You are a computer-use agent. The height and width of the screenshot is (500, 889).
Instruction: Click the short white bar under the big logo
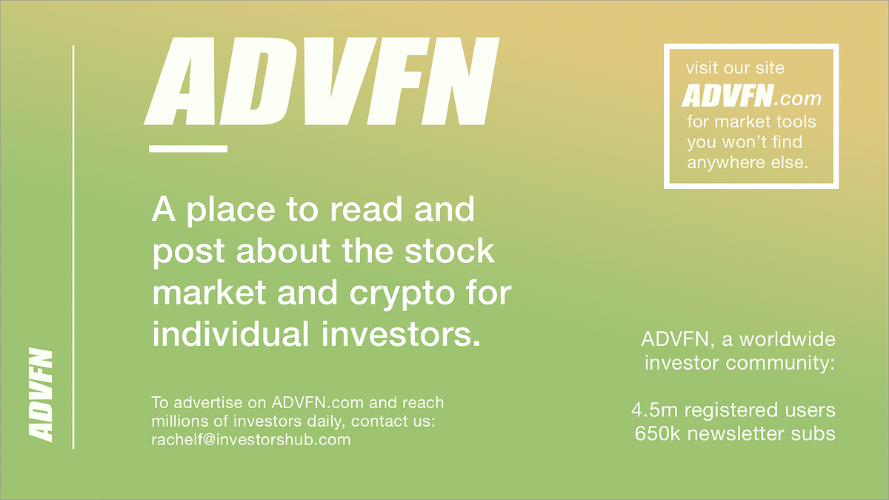coord(187,148)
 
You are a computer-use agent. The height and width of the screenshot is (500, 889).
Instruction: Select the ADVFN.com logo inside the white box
coord(751,96)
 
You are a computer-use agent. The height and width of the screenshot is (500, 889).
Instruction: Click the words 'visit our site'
coord(735,69)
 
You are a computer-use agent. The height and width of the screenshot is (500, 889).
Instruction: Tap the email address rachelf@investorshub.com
coord(250,439)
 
